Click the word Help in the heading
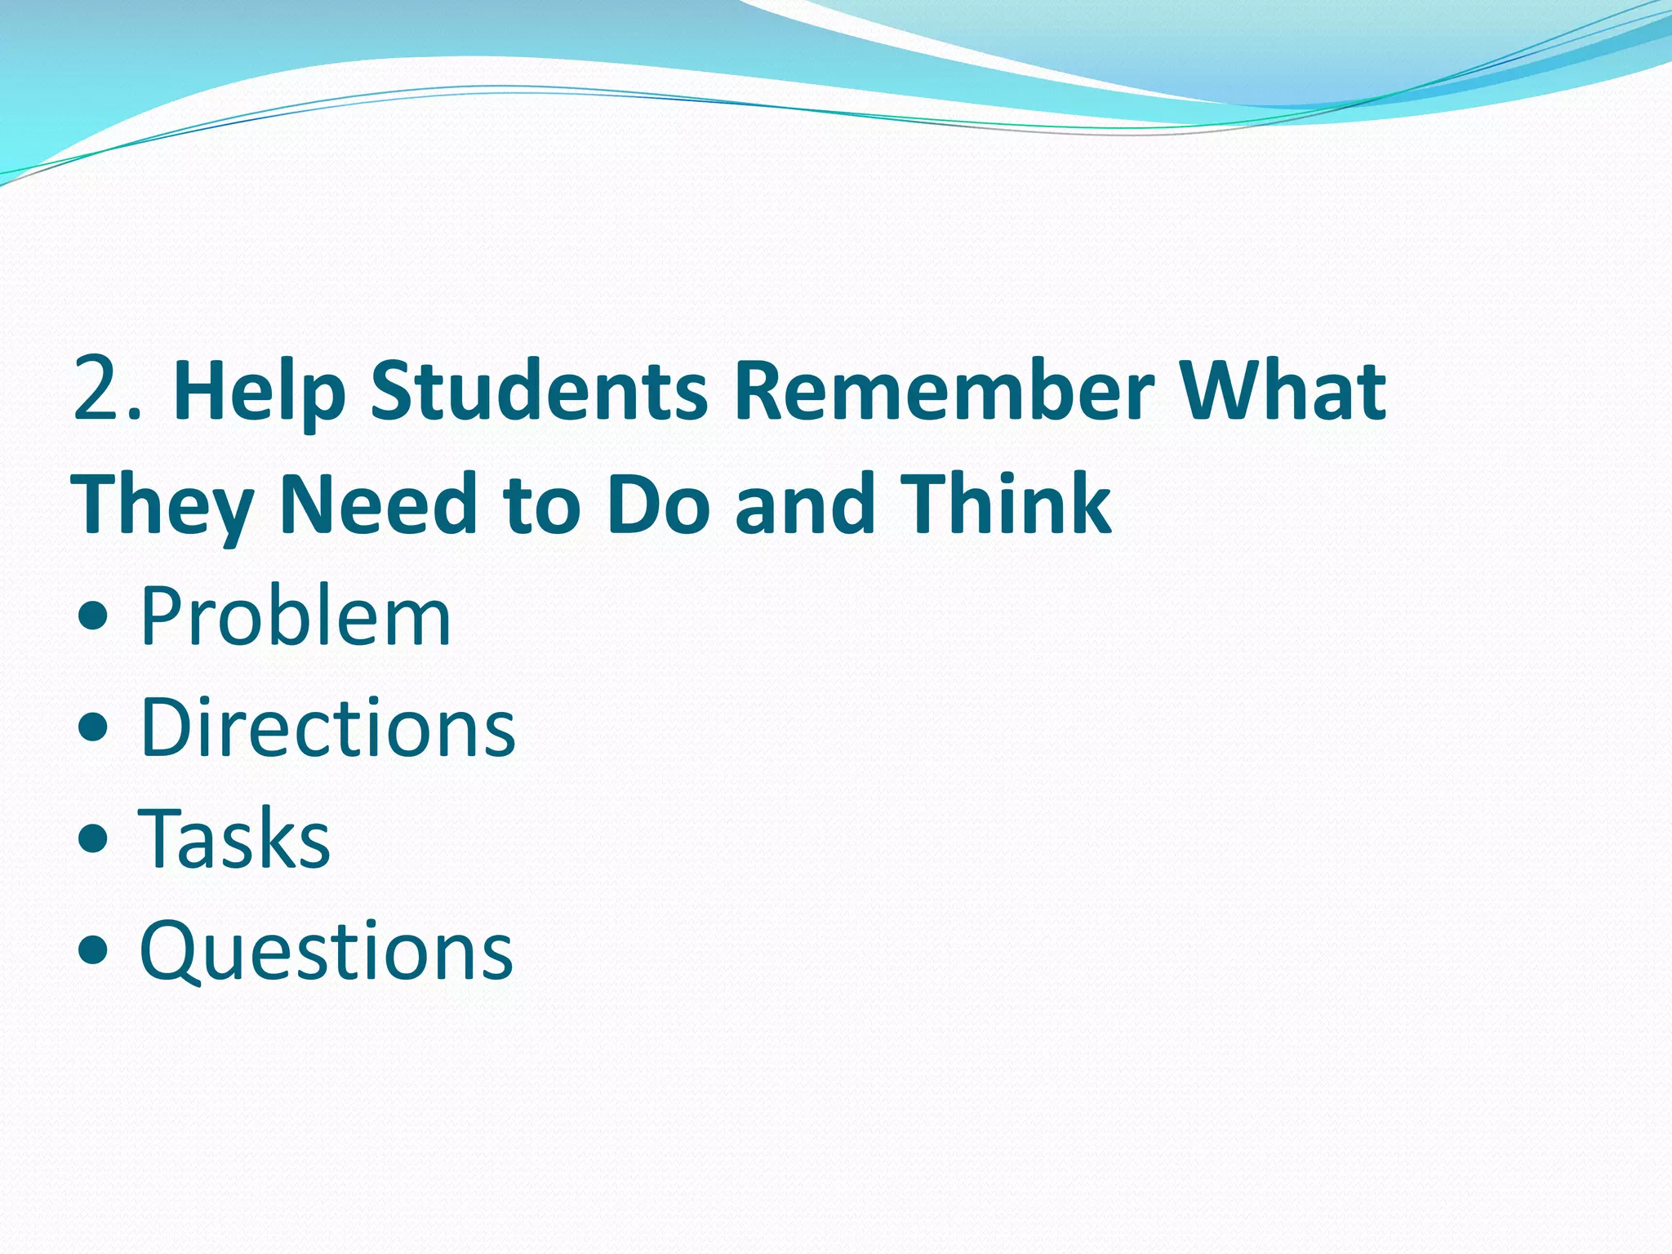[x=260, y=392]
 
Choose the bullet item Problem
[x=295, y=616]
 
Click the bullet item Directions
[x=327, y=727]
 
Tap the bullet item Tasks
[x=234, y=839]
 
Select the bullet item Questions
[x=326, y=951]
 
